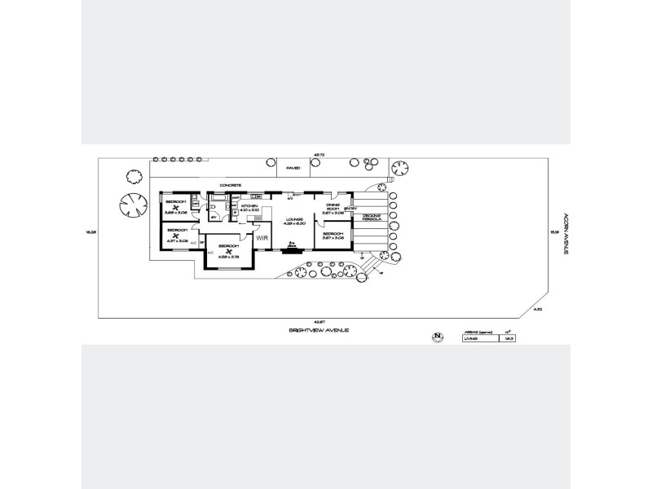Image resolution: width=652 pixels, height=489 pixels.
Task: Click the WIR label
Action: point(262,238)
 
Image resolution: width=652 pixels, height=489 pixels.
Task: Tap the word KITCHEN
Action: point(249,205)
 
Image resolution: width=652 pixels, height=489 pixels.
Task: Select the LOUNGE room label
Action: point(293,219)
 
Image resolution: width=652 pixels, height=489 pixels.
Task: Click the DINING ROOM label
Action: point(332,207)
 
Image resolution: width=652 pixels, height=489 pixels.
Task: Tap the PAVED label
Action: point(293,168)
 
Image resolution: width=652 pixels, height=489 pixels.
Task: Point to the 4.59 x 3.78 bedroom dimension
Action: point(227,257)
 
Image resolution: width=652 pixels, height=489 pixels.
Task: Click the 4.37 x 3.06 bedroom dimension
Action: point(177,241)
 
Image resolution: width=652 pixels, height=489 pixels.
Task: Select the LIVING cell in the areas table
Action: point(470,338)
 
